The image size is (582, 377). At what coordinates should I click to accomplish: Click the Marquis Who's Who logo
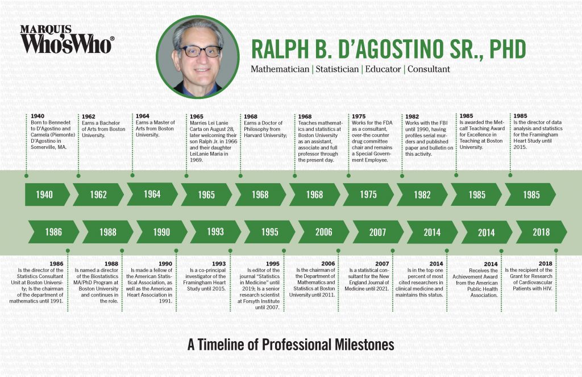click(67, 39)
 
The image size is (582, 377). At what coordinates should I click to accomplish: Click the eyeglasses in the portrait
click(199, 51)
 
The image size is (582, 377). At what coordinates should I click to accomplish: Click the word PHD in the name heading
click(499, 49)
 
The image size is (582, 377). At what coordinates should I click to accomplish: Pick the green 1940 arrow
click(45, 194)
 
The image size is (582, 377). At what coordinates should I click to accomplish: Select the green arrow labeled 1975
click(368, 194)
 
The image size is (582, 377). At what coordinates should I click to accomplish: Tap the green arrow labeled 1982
click(422, 194)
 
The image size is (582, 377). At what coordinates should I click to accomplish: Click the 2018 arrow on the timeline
click(541, 232)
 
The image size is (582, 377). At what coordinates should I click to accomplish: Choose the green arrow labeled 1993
click(215, 232)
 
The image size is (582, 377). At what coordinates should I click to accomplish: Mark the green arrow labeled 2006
click(323, 232)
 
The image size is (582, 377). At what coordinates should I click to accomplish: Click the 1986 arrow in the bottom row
click(52, 232)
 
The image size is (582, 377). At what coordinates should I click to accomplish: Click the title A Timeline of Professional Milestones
click(290, 345)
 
